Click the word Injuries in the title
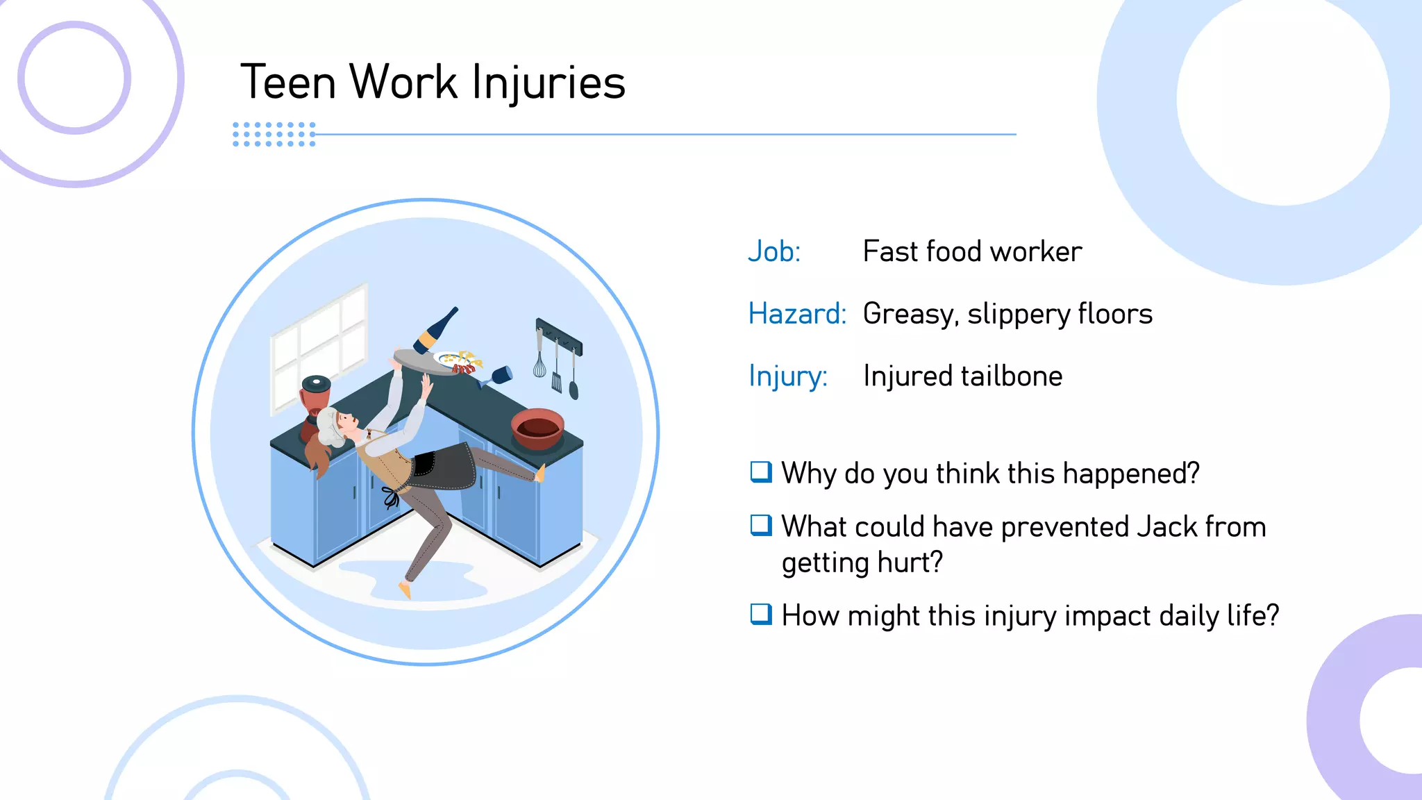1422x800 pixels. point(549,83)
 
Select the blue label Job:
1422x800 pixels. point(774,251)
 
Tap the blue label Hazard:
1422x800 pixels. point(797,314)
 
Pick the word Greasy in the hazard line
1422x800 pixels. point(910,315)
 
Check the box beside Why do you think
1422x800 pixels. point(761,472)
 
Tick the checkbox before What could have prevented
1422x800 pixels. point(761,526)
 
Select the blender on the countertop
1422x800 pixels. point(315,406)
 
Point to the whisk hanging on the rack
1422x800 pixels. point(539,361)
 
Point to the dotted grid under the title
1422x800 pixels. point(274,134)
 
